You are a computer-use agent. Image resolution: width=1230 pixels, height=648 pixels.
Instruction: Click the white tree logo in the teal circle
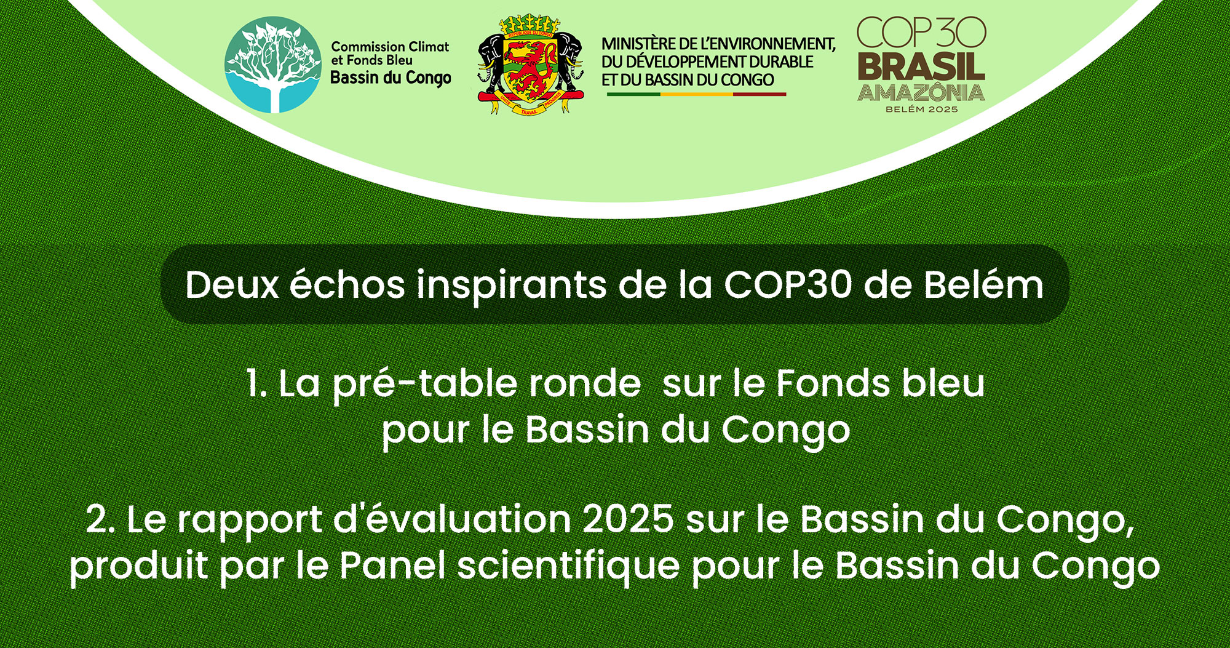coord(273,65)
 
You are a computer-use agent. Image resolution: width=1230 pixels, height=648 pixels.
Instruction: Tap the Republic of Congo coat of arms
coord(530,65)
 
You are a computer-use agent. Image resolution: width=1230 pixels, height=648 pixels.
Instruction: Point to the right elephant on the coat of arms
coord(569,58)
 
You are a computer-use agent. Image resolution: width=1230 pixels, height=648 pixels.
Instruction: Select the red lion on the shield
coord(530,65)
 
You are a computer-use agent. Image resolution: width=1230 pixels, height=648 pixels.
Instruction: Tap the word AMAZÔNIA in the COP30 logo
coord(921,93)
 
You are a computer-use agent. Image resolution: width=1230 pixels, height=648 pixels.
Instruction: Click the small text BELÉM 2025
coord(921,110)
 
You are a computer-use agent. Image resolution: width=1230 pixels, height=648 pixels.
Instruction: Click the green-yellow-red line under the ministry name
coord(696,94)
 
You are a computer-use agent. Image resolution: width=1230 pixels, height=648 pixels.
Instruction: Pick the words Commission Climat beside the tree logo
coord(390,47)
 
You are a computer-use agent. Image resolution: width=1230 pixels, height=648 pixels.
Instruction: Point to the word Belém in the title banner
coord(983,284)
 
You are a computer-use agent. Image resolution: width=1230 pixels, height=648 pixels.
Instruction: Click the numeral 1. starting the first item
coord(256,383)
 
